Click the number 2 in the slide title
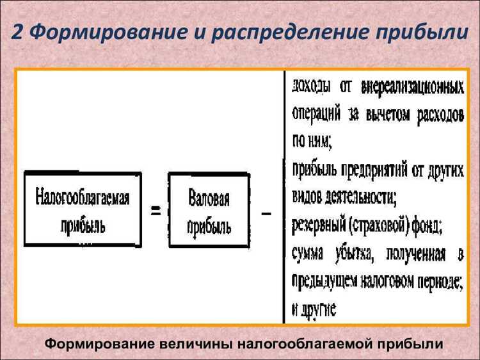pyautogui.click(x=19, y=31)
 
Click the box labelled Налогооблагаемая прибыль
pyautogui.click(x=83, y=209)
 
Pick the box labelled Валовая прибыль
pyautogui.click(x=209, y=211)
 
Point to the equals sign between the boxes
pyautogui.click(x=156, y=211)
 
